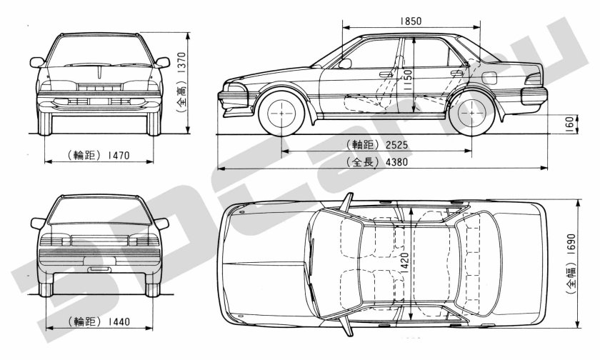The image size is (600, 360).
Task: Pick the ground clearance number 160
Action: click(569, 123)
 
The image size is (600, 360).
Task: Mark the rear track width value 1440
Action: click(116, 321)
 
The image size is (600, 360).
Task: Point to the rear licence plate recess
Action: click(100, 269)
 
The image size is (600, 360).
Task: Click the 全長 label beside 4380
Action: click(359, 161)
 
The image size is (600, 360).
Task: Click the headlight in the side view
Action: click(236, 95)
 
